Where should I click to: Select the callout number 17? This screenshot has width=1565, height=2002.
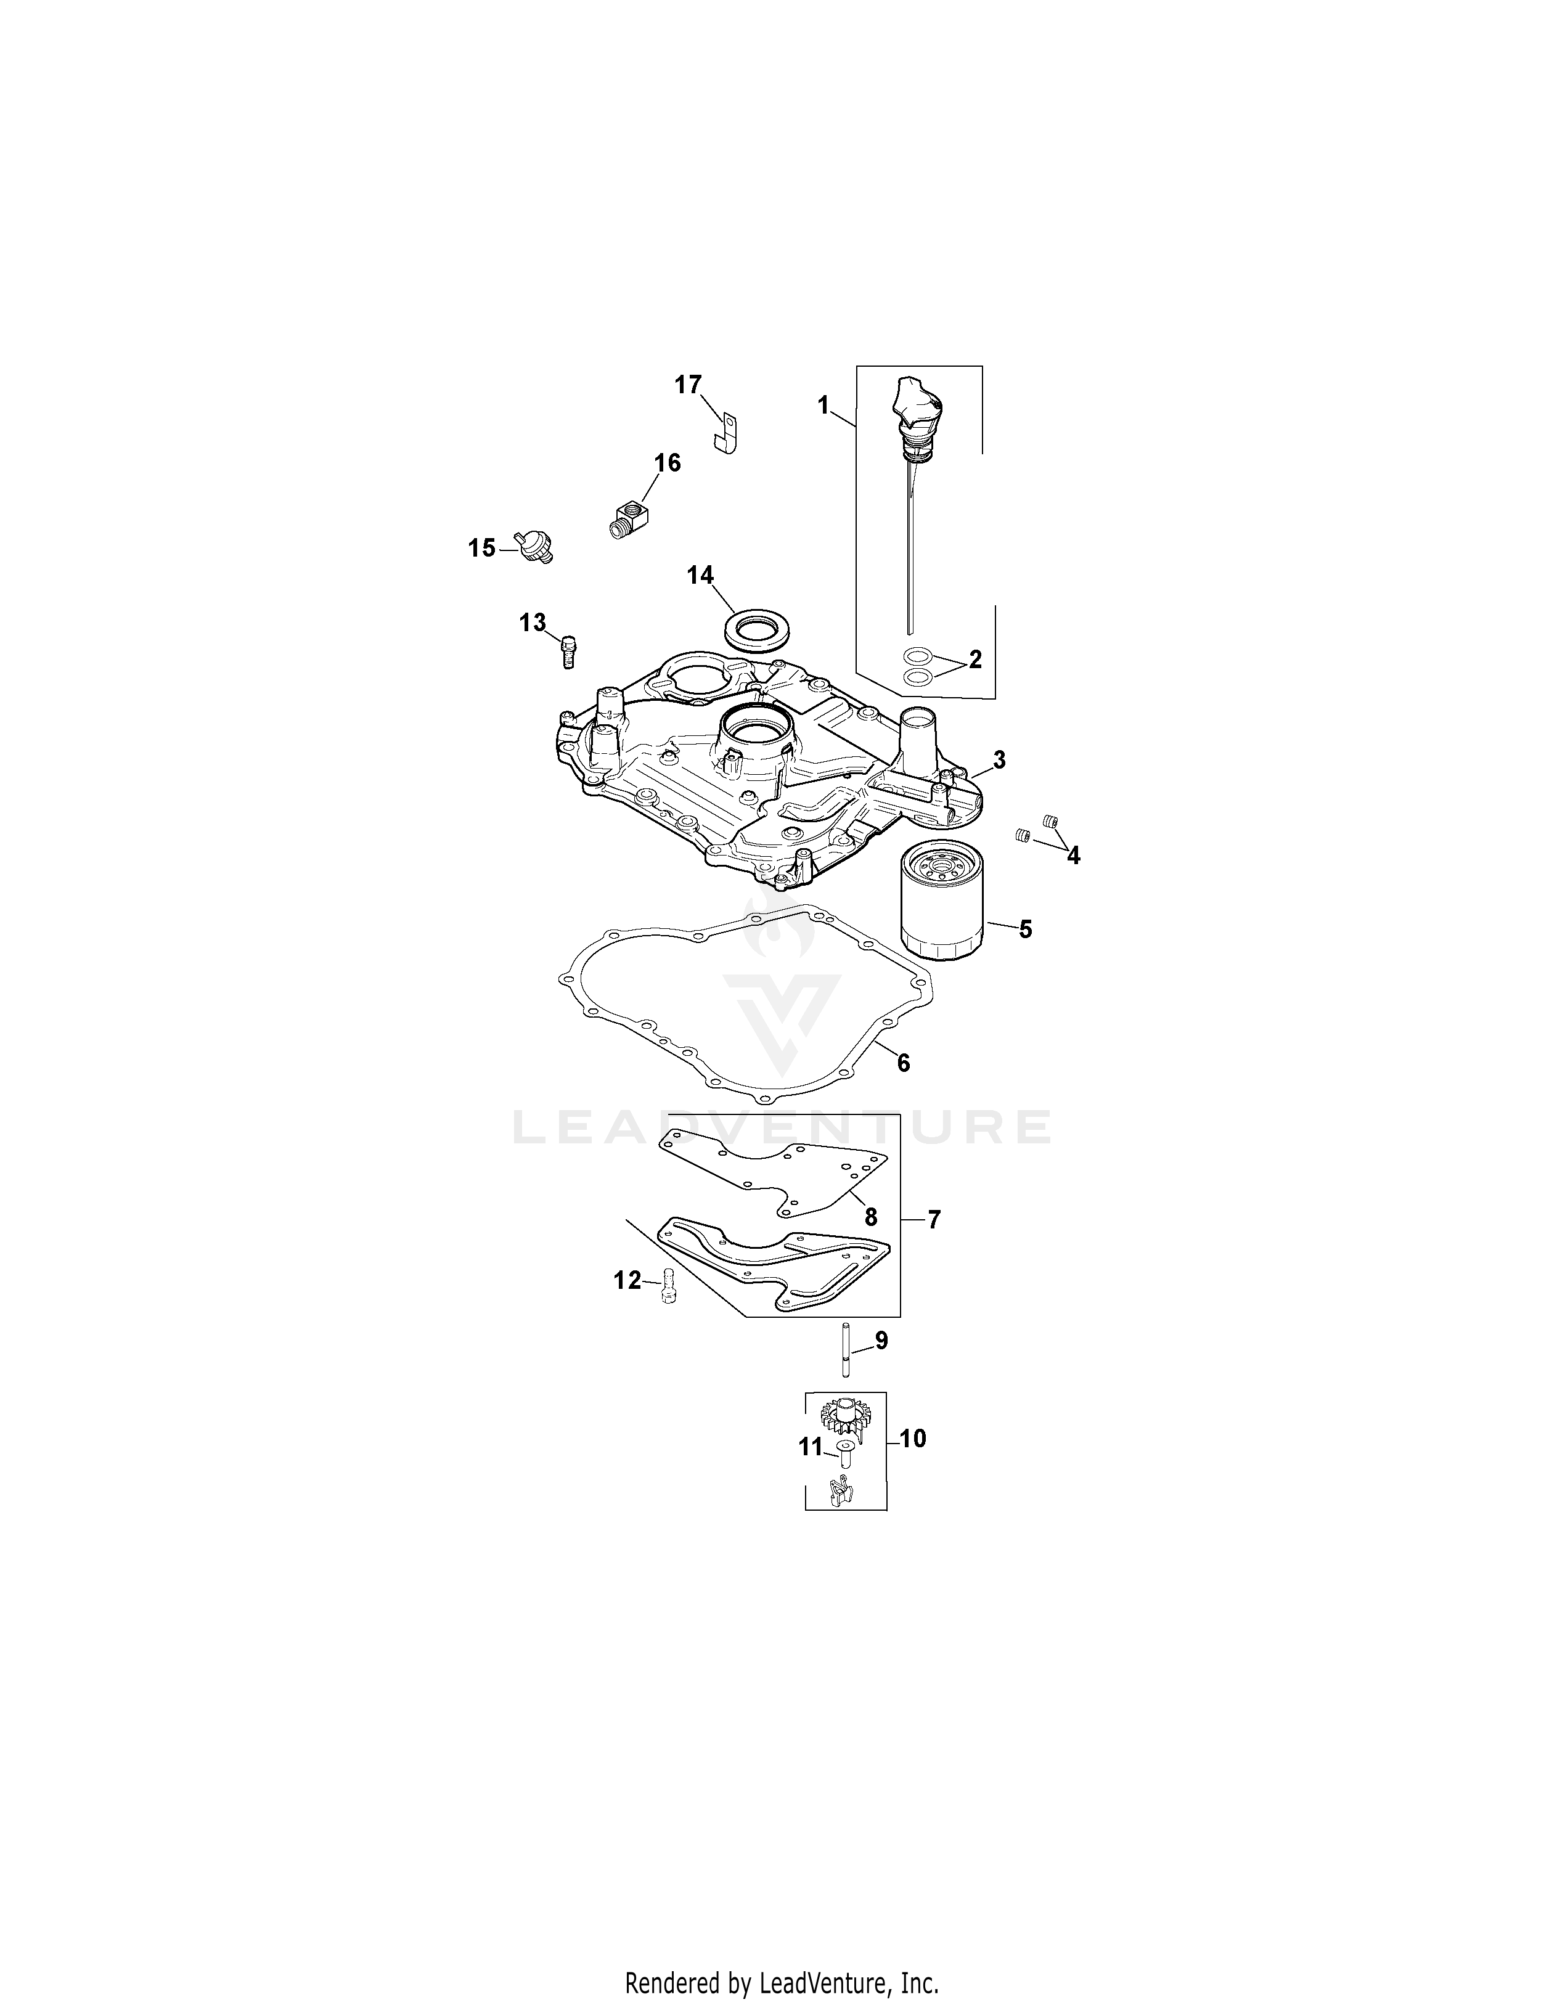click(x=688, y=385)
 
